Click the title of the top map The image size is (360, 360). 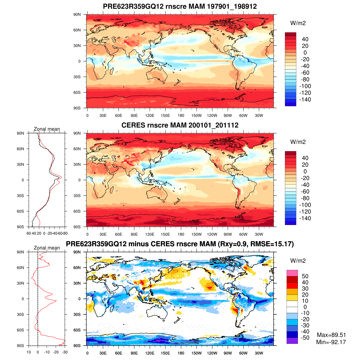(180, 6)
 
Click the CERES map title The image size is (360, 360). (180, 125)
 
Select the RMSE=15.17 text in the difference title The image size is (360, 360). (273, 244)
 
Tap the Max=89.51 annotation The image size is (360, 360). (331, 335)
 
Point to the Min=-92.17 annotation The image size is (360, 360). (331, 342)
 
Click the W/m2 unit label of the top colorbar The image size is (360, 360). (298, 23)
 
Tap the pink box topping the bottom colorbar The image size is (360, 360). (292, 273)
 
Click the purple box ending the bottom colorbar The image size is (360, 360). (292, 341)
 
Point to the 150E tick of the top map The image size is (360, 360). (165, 115)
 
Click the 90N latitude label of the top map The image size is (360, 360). (77, 14)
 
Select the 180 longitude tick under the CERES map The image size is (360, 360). (181, 234)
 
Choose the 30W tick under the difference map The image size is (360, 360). (259, 353)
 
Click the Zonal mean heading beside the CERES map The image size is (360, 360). (47, 129)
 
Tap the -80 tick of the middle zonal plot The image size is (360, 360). (64, 233)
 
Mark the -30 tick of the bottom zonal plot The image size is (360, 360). (64, 352)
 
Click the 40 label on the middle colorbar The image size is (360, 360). (305, 158)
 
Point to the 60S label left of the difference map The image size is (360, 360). (77, 330)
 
